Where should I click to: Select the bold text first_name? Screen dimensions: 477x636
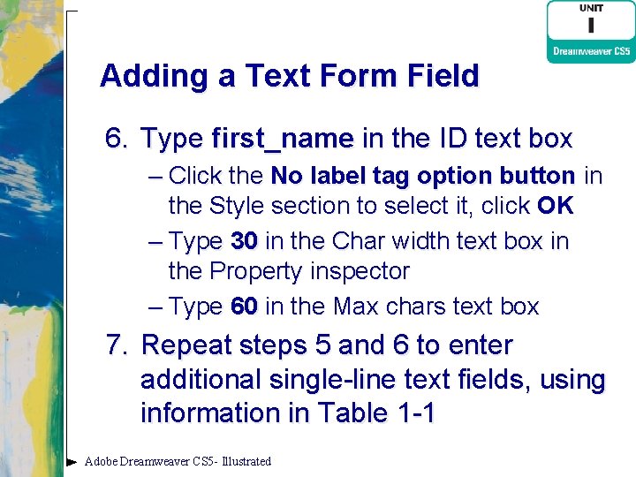283,139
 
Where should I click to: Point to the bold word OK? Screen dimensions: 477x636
555,207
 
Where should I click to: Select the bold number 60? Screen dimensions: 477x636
244,307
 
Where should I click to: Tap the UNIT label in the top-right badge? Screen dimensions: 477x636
591,8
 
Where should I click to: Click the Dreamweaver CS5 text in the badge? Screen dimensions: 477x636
591,51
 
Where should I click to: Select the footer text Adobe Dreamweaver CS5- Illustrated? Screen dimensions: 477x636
178,461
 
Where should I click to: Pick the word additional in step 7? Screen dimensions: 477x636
201,380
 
